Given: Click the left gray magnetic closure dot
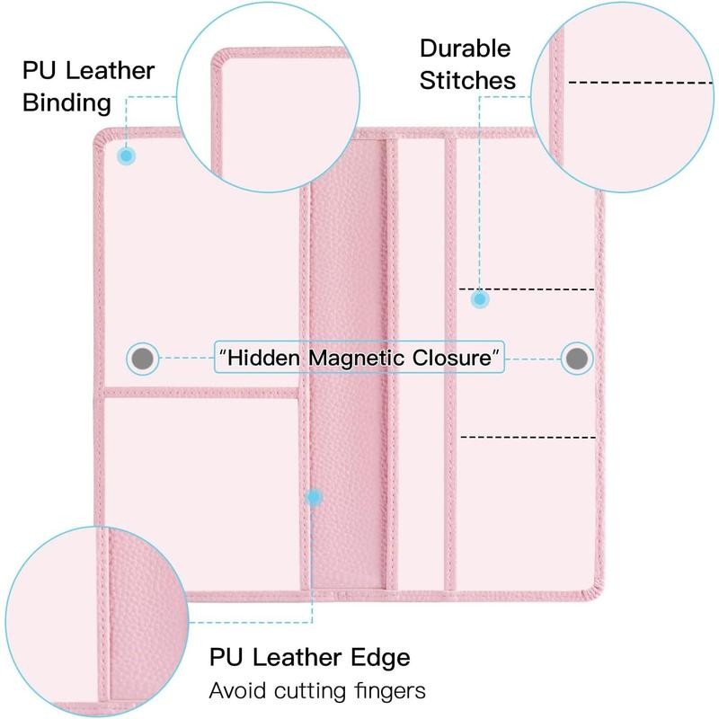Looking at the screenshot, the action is [x=143, y=358].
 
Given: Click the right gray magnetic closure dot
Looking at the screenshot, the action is [x=577, y=358].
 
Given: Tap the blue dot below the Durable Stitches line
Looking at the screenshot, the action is [x=480, y=299].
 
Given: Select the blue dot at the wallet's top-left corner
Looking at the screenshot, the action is [x=127, y=155].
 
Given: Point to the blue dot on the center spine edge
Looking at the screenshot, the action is [x=314, y=498].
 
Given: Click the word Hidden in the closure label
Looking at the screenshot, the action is [x=263, y=358].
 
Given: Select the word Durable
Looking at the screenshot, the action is [x=465, y=49].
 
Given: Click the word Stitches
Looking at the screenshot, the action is [x=467, y=81].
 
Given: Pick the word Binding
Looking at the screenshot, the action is [x=67, y=103].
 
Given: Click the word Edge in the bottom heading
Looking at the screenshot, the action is [x=380, y=658].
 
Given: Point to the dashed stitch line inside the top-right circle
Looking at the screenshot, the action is [x=640, y=83].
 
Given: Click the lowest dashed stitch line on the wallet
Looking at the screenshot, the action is [x=528, y=437].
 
